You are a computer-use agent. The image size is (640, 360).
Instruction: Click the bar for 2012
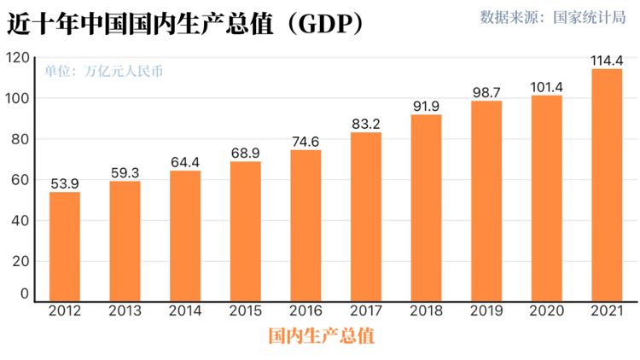point(65,247)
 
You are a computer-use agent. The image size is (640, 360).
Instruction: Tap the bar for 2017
point(366,217)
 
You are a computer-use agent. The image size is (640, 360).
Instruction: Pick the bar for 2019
point(486,201)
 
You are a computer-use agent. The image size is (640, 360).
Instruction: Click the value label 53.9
point(65,183)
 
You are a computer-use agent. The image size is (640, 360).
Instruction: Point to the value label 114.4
point(607,60)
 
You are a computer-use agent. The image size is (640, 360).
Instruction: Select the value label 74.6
point(305,141)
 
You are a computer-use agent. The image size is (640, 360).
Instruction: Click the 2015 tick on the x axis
point(246,311)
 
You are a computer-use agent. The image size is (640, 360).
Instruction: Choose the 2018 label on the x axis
point(426,311)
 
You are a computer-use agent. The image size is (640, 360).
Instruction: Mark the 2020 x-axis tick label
point(546,311)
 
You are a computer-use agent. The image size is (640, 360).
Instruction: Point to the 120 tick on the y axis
point(16,58)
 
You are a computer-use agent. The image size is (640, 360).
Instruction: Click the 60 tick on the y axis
point(20,180)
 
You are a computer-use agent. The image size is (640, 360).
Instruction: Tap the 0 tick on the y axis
point(24,293)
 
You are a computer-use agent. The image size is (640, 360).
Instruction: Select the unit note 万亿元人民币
point(123,73)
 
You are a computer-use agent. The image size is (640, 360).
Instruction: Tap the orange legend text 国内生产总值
point(321,335)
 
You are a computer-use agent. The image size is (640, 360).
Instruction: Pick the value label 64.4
point(185,161)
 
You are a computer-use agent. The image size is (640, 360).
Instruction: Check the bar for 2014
point(185,235)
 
